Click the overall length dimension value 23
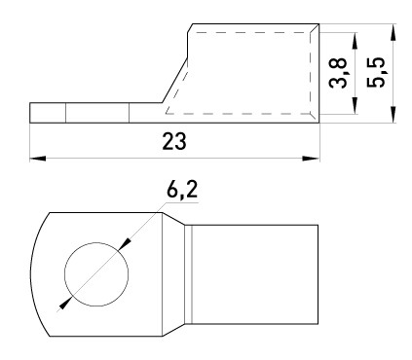point(174,141)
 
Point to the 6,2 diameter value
point(181,191)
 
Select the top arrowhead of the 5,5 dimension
point(392,29)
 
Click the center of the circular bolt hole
point(95,271)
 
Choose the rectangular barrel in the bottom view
point(255,273)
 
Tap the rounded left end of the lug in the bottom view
point(39,272)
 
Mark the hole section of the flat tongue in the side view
point(96,114)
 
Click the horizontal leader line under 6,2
point(181,207)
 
